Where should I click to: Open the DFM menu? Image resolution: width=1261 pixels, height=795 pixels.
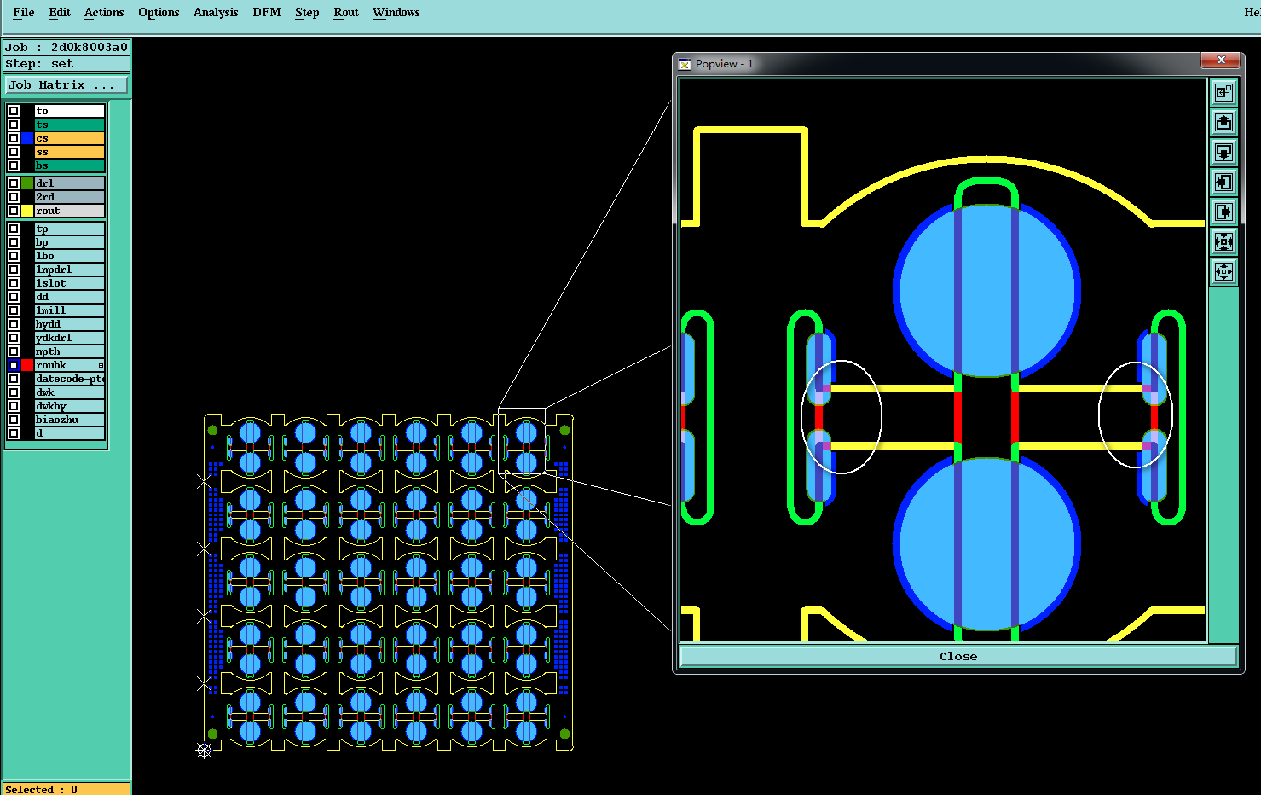tap(266, 13)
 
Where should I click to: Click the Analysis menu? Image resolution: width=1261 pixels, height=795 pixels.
tap(216, 13)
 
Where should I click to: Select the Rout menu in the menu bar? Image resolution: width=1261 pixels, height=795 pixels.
tap(345, 13)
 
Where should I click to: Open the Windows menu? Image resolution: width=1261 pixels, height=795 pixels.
tap(396, 13)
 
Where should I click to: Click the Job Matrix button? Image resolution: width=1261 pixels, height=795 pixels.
tap(67, 85)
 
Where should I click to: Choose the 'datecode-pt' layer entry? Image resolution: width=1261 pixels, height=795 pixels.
tap(69, 379)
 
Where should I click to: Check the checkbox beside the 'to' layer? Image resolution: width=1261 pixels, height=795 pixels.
tap(14, 111)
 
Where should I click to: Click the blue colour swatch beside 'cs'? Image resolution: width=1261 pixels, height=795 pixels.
tap(27, 138)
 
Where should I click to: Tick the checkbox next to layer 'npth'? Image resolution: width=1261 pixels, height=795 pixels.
tap(14, 351)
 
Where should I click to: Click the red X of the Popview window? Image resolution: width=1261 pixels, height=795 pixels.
tap(1221, 60)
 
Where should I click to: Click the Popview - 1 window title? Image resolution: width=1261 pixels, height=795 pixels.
tap(724, 64)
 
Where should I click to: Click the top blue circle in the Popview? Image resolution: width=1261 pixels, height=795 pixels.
tap(986, 291)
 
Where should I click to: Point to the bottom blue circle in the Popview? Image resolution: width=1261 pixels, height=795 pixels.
tap(986, 544)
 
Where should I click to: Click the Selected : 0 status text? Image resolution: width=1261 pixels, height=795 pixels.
tap(41, 789)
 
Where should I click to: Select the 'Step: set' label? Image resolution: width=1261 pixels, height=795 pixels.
tap(39, 64)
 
